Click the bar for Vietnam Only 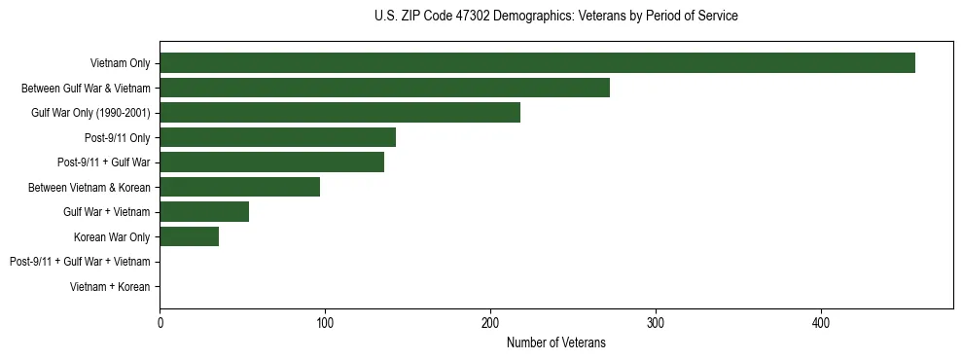pyautogui.click(x=537, y=63)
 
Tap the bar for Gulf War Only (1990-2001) pyautogui.click(x=339, y=113)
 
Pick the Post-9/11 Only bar pyautogui.click(x=277, y=137)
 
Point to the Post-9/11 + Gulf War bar pyautogui.click(x=271, y=162)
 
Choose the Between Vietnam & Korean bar pyautogui.click(x=239, y=187)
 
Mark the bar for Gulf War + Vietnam pyautogui.click(x=204, y=212)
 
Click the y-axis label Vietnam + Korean pyautogui.click(x=110, y=287)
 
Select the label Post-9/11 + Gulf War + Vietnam pyautogui.click(x=80, y=262)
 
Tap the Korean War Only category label pyautogui.click(x=112, y=236)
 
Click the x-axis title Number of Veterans pyautogui.click(x=555, y=342)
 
